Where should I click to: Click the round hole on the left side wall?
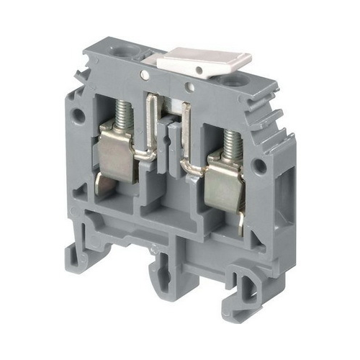(x=78, y=116)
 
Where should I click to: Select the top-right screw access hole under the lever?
(x=232, y=81)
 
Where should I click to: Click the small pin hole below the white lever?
(x=189, y=89)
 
